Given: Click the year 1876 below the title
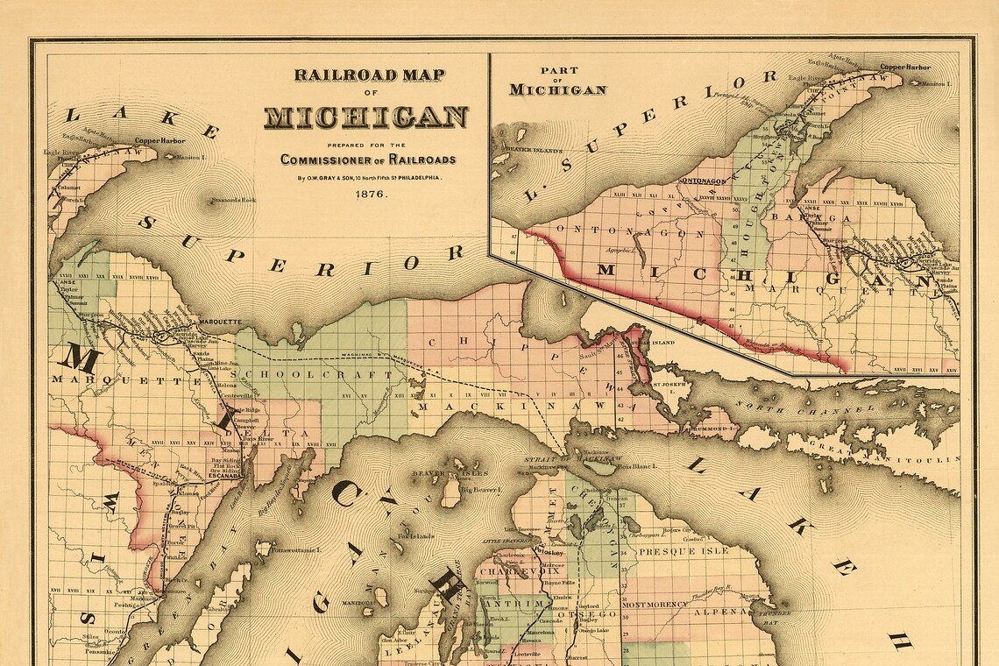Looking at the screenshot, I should (x=371, y=194).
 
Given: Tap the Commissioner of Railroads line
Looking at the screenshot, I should (x=368, y=159).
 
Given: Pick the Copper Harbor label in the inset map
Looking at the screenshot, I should (x=905, y=67).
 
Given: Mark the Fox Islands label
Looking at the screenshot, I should (x=415, y=535).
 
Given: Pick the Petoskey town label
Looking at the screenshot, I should (x=552, y=554).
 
